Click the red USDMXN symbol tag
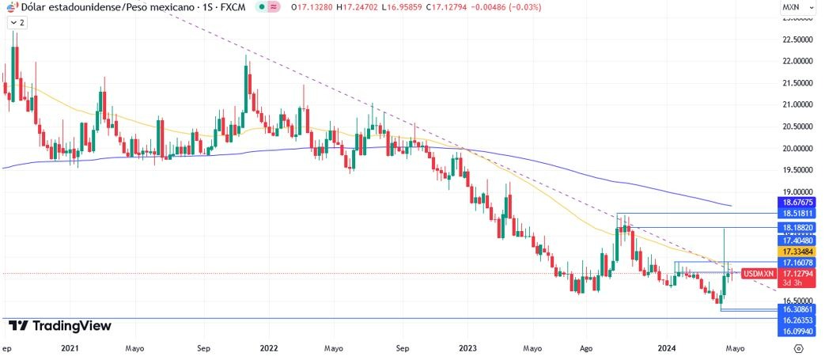pyautogui.click(x=759, y=274)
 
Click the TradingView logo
pyautogui.click(x=60, y=326)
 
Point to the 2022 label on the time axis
pyautogui.click(x=269, y=347)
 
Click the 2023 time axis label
pyautogui.click(x=468, y=347)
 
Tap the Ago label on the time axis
pyautogui.click(x=586, y=347)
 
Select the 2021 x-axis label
pyautogui.click(x=70, y=347)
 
